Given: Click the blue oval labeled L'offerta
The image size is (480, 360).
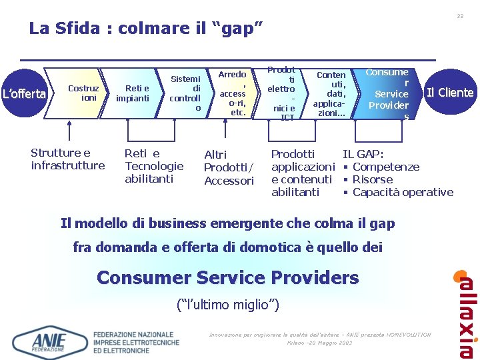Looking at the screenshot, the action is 23,93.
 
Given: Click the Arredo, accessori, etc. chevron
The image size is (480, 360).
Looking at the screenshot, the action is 233,93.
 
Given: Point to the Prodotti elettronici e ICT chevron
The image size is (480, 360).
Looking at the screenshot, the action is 281,93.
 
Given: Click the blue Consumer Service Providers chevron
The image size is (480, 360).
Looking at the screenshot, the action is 389,93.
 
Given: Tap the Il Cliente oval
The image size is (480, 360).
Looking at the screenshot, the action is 449,93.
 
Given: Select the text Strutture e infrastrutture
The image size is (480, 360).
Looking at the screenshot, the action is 67,159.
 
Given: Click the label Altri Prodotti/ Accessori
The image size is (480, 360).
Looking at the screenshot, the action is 229,167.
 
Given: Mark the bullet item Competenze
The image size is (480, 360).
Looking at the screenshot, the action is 385,167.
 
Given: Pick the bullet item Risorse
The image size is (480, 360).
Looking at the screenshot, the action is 372,179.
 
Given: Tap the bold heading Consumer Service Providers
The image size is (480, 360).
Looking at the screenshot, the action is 227,277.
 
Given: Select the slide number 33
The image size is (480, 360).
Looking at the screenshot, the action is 460,16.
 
